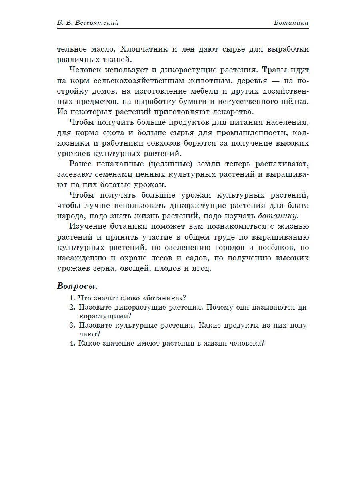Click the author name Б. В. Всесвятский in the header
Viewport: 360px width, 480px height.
(x=88, y=23)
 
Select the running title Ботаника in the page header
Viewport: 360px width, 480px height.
(x=291, y=23)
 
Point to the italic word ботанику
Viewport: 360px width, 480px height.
(x=278, y=216)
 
